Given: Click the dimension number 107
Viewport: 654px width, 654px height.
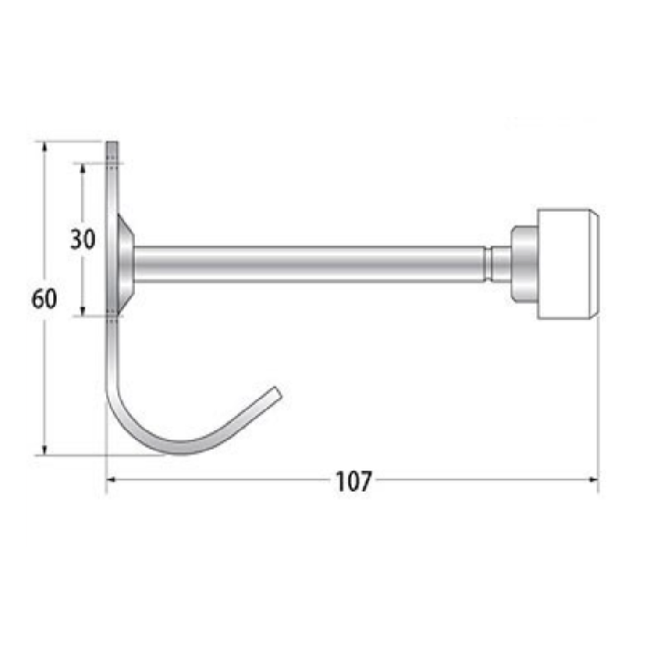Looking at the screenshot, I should [x=354, y=481].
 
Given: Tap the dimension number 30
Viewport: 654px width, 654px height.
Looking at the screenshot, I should [x=83, y=239].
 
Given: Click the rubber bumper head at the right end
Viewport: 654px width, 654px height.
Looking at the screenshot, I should [x=566, y=264].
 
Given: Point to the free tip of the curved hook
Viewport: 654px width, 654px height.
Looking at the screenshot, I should [x=277, y=392].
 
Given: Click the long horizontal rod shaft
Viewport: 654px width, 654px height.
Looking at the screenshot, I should [x=307, y=264].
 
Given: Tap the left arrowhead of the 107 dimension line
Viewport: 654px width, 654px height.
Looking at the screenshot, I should [x=111, y=480].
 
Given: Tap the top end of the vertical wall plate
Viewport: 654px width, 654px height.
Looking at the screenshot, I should [x=112, y=143].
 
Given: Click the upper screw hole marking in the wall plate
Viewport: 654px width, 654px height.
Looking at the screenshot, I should [x=112, y=163].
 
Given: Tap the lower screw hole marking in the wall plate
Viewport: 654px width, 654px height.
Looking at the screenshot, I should [x=112, y=315].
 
